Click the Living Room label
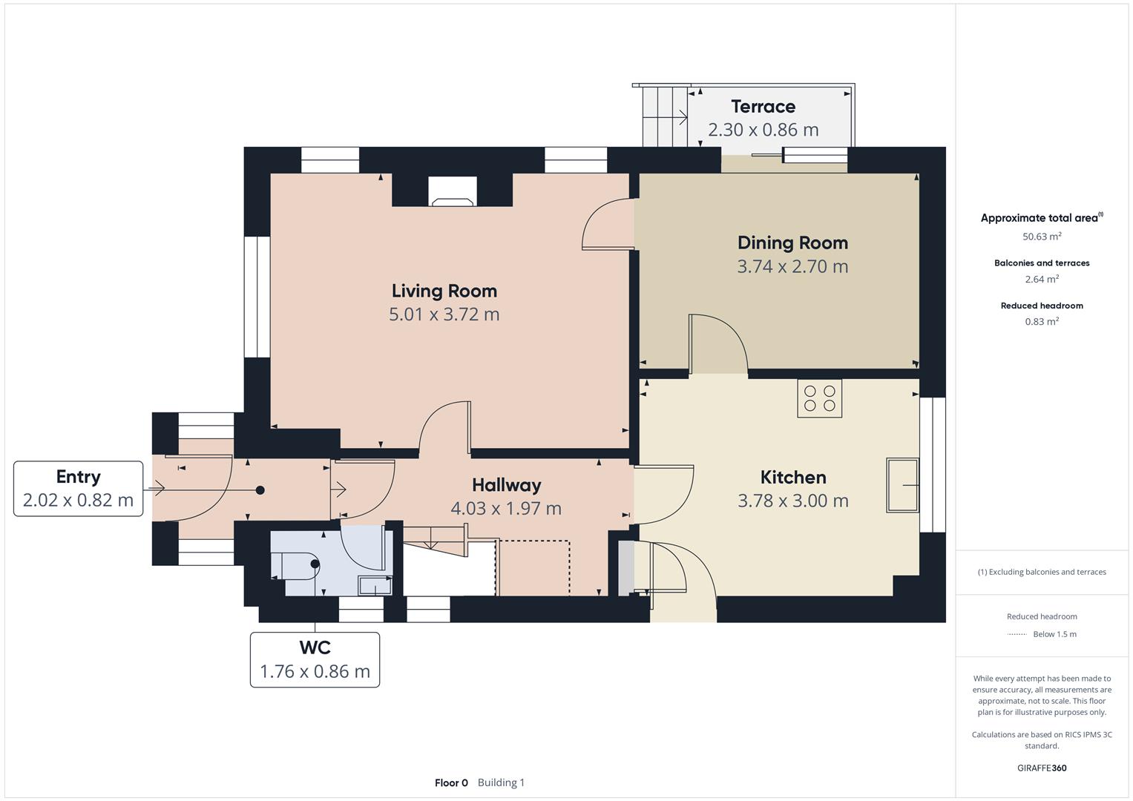click(444, 291)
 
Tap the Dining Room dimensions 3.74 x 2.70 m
click(792, 266)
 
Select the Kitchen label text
click(792, 477)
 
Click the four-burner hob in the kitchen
click(820, 398)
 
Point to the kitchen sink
click(902, 485)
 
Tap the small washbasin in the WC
click(375, 585)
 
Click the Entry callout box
click(78, 488)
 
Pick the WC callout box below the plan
click(315, 659)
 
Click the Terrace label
click(763, 107)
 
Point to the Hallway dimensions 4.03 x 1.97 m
click(506, 508)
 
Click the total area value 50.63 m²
click(1042, 237)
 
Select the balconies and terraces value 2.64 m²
click(1042, 280)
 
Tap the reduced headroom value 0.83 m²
click(1042, 321)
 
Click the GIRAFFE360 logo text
click(1042, 768)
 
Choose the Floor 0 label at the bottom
click(451, 782)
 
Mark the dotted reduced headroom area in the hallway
click(533, 568)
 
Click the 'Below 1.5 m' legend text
click(1054, 634)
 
